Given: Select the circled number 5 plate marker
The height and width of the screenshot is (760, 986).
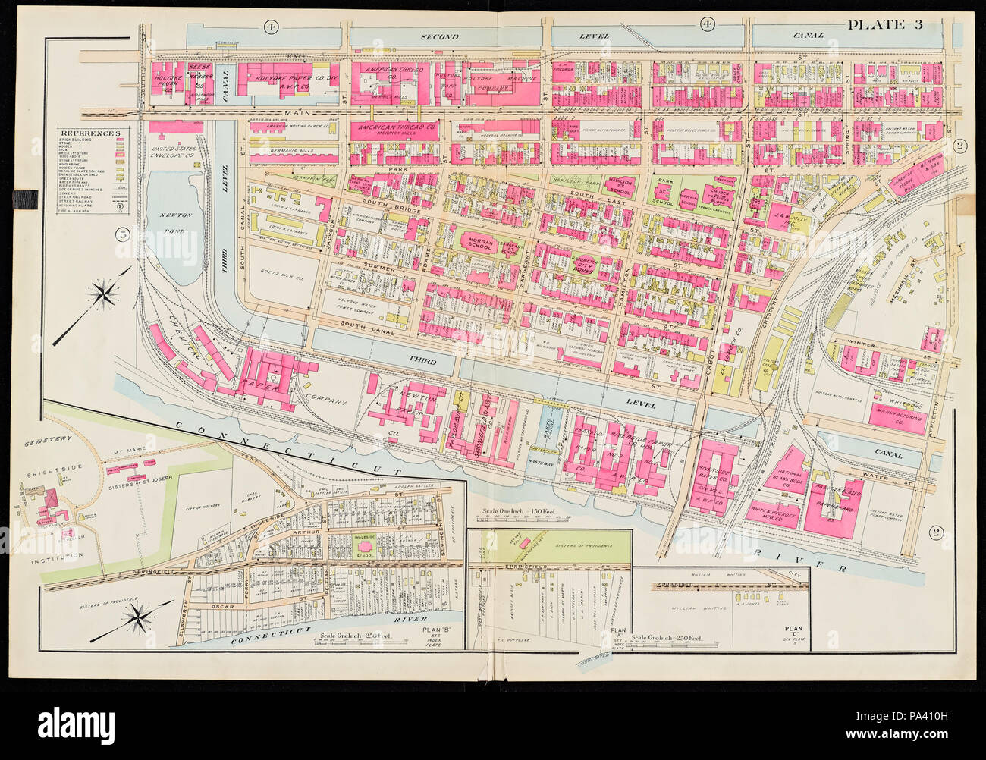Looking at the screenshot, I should [x=121, y=234].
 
